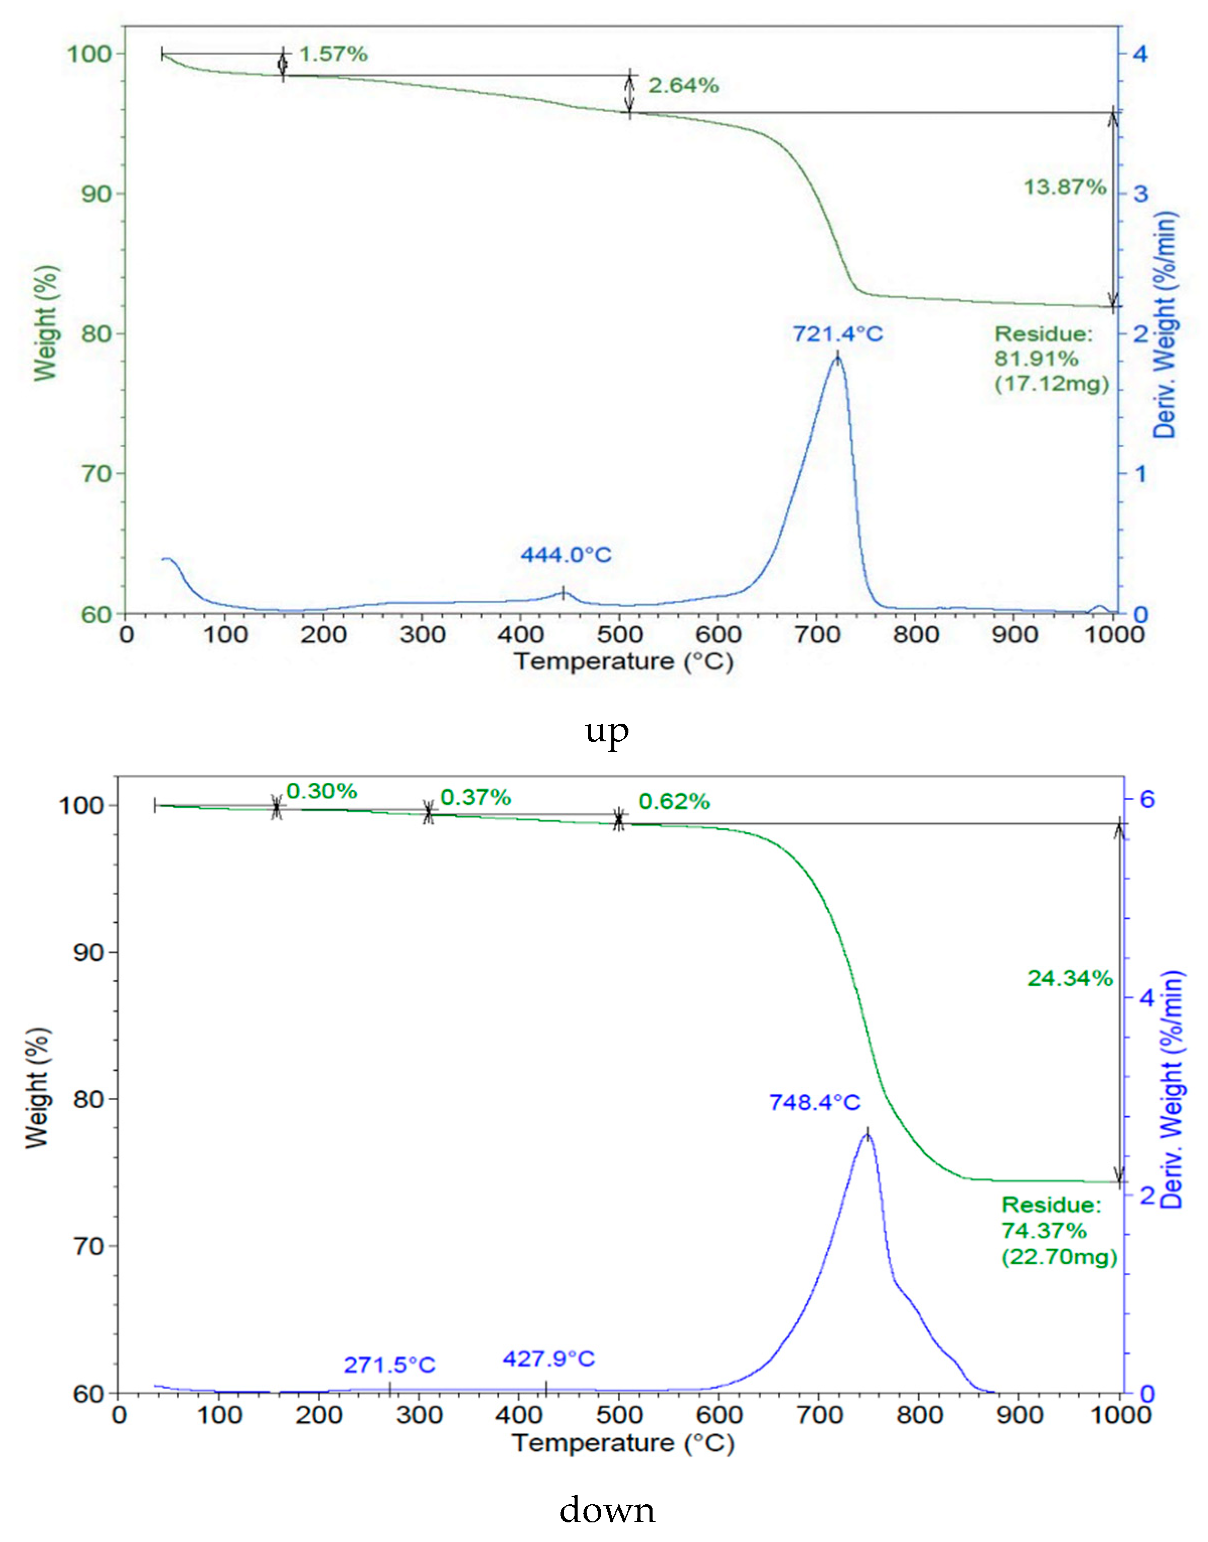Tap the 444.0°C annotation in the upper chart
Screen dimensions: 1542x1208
click(x=566, y=554)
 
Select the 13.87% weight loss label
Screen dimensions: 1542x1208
click(x=1065, y=188)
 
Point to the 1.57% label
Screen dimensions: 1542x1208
click(x=333, y=54)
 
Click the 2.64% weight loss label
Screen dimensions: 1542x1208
click(x=683, y=85)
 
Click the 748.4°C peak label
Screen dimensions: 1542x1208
click(x=814, y=1102)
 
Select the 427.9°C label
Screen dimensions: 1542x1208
click(x=549, y=1359)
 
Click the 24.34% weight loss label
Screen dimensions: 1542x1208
click(x=1069, y=979)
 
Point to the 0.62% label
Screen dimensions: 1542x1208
click(x=674, y=802)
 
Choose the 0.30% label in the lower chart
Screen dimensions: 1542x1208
click(x=322, y=792)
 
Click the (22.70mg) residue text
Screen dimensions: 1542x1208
click(x=1059, y=1256)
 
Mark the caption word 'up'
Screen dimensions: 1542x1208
click(x=607, y=731)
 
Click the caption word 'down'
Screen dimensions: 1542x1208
click(x=607, y=1510)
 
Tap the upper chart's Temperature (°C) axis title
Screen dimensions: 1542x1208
click(x=623, y=662)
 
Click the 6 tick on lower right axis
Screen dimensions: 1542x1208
click(x=1147, y=800)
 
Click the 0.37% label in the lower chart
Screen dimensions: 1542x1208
click(x=475, y=798)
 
